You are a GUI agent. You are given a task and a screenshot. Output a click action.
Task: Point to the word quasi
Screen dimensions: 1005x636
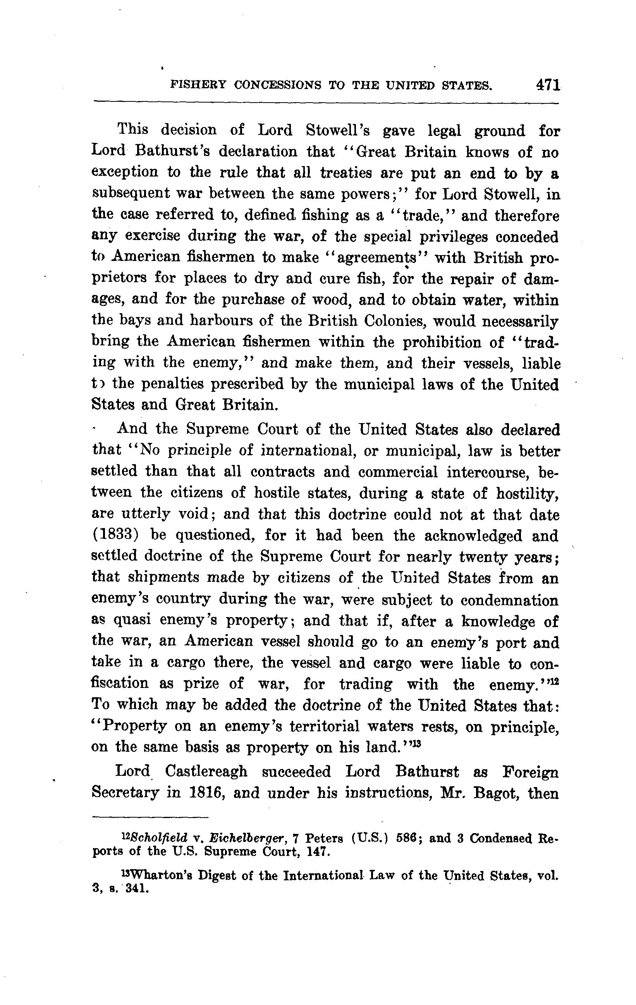click(132, 621)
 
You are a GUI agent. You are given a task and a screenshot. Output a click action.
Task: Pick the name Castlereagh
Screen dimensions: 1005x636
click(206, 771)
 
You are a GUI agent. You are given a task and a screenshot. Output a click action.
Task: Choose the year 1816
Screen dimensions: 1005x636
click(204, 792)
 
